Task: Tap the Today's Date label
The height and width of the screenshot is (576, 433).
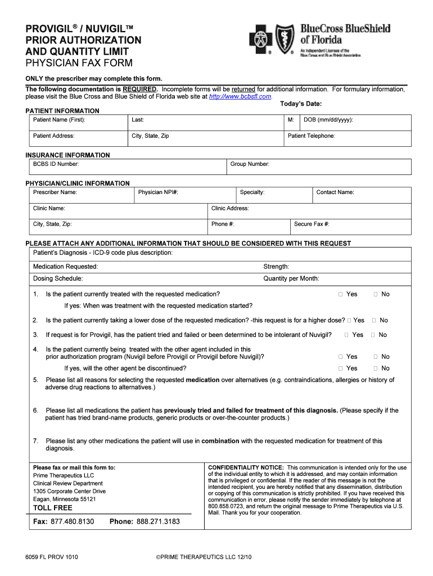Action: [x=300, y=104]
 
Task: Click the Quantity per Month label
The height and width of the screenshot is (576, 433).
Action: [x=291, y=278]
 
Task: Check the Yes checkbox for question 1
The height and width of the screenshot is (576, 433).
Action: [x=341, y=294]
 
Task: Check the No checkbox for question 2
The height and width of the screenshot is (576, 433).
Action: [x=374, y=320]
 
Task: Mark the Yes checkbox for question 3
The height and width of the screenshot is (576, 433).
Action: [x=347, y=335]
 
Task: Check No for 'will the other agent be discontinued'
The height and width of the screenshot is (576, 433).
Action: [x=376, y=368]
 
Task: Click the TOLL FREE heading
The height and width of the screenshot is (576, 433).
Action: [x=53, y=508]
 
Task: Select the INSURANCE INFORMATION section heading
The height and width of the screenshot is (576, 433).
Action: [x=67, y=155]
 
